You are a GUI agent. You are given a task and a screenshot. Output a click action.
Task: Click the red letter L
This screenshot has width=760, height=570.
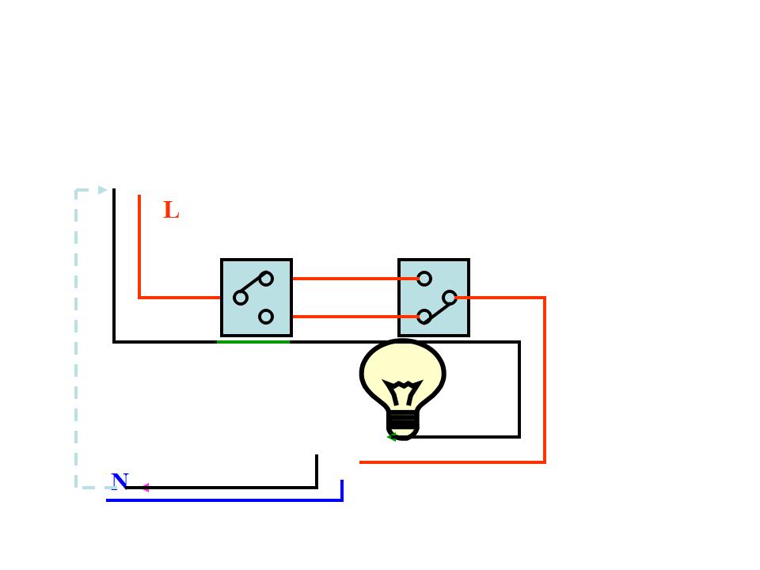pos(171,211)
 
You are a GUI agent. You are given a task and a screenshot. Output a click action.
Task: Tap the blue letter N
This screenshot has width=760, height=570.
pos(120,481)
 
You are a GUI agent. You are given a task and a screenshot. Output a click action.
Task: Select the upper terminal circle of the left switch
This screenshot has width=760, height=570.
pos(266,279)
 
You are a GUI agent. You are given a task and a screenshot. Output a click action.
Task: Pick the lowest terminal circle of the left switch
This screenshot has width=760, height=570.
pos(266,317)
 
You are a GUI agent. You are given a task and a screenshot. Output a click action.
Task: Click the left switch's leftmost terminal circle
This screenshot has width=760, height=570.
pos(241,298)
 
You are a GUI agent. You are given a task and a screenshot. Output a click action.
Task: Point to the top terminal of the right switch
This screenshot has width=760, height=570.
pos(424,279)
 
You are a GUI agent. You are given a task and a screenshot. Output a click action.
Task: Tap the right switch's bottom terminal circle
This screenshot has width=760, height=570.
pos(424,317)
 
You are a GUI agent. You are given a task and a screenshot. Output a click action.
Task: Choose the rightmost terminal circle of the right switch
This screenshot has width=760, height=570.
pos(450,298)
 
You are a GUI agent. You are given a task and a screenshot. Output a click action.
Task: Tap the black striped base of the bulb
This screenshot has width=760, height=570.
pos(403,420)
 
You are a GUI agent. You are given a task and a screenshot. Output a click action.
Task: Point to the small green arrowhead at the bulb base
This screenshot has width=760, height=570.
pos(391,437)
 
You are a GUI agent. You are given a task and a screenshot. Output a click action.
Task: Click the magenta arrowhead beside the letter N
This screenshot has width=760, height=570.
pos(145,488)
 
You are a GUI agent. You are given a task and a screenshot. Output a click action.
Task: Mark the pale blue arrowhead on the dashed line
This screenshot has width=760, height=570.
pos(102,190)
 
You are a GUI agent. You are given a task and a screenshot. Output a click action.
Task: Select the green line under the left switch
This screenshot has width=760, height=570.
pos(253,342)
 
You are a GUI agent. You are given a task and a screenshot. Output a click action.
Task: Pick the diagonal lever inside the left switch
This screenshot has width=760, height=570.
pos(253,288)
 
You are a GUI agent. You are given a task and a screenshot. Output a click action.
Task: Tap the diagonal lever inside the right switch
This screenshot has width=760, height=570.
pos(437,307)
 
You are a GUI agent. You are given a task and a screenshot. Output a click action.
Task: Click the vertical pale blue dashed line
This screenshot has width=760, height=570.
pos(76,340)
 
